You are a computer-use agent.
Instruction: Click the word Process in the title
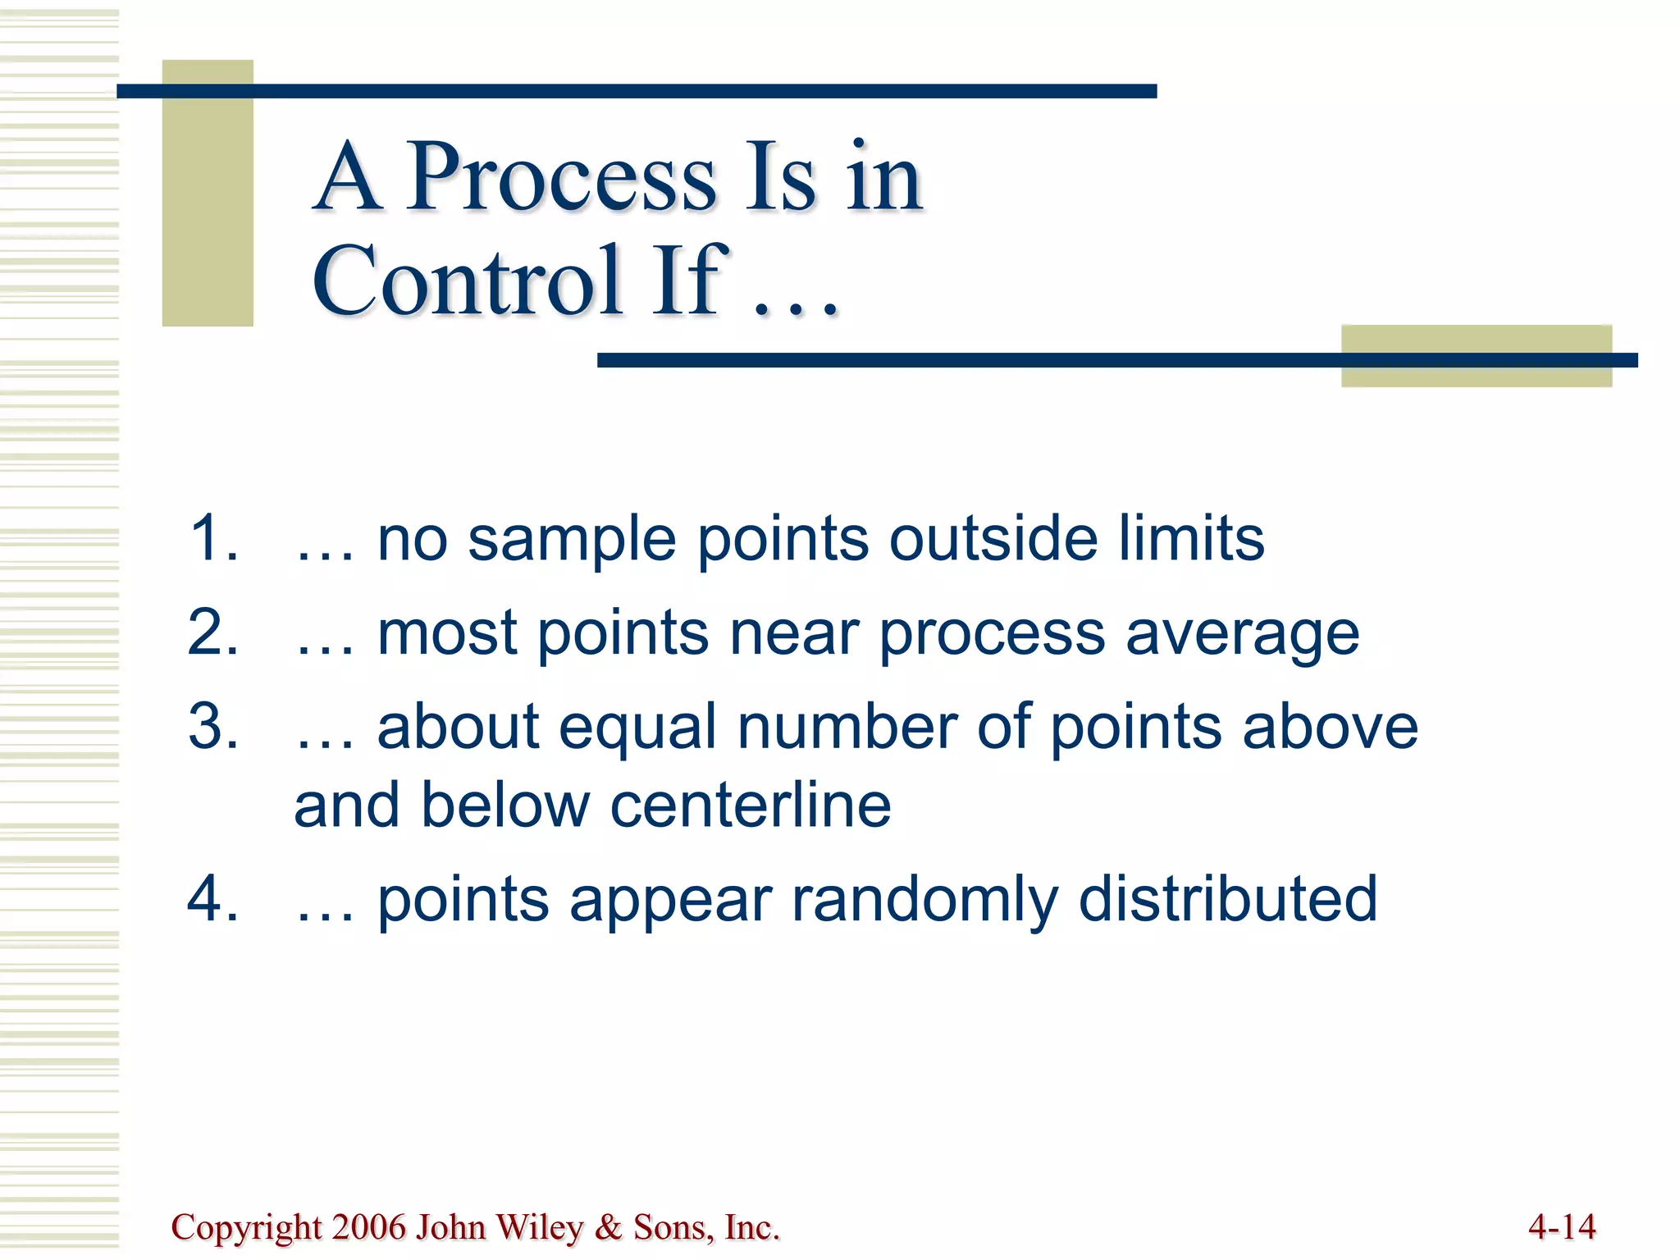[561, 178]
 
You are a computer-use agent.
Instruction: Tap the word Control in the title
[466, 281]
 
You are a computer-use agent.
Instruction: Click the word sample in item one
[572, 541]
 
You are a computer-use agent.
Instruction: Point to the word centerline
[750, 806]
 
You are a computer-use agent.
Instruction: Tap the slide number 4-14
[1562, 1227]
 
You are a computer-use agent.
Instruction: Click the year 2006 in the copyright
[369, 1227]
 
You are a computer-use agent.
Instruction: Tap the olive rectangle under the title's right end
[1476, 356]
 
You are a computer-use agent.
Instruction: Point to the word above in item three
[1330, 728]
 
